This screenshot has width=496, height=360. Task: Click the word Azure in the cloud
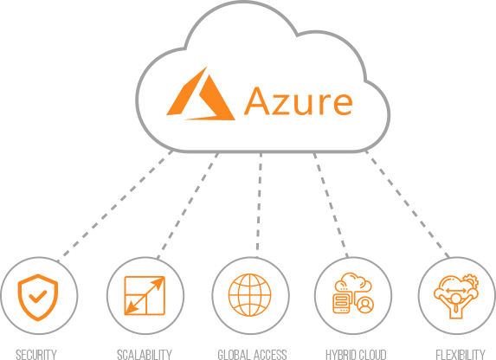click(299, 101)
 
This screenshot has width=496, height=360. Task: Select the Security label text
click(36, 354)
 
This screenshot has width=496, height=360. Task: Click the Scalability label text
click(145, 354)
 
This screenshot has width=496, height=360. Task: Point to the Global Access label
click(252, 354)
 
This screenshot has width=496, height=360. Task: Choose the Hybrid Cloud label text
click(356, 354)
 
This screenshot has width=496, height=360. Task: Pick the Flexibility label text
click(461, 354)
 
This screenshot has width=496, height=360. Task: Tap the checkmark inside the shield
click(37, 297)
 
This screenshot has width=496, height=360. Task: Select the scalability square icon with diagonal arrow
click(145, 295)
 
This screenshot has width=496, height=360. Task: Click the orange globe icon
click(250, 295)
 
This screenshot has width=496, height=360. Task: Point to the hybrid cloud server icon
click(341, 303)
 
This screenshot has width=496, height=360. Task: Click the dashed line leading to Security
click(115, 207)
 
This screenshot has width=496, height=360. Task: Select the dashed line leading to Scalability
click(188, 206)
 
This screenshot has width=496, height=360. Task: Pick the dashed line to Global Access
click(259, 205)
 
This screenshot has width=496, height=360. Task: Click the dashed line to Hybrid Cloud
click(331, 205)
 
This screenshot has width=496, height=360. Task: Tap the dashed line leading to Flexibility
click(407, 204)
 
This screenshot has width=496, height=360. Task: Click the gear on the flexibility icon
click(471, 280)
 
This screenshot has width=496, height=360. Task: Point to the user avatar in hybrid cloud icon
click(365, 305)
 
